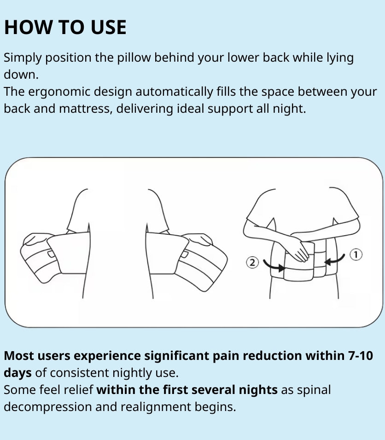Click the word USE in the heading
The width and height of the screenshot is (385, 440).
pos(107,28)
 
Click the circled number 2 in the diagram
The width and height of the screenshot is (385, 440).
pos(252,263)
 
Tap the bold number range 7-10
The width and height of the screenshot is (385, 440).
pos(359,356)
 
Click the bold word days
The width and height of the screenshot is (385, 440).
pos(17,372)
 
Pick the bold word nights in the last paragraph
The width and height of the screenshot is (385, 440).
pos(258,390)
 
